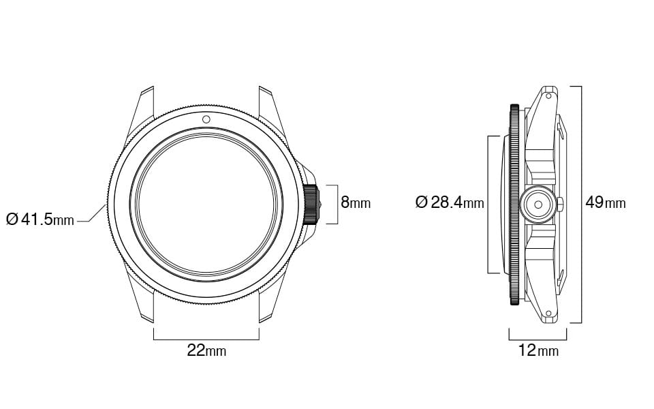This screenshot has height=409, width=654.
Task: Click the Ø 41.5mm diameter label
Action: (x=40, y=220)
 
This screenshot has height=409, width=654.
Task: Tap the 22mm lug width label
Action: (x=206, y=350)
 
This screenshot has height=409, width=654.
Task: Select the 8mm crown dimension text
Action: (x=356, y=202)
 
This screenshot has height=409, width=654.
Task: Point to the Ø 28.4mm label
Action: (x=449, y=202)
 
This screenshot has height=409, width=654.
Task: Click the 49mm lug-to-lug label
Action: (x=605, y=202)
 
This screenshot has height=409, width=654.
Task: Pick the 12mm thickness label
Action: (x=538, y=350)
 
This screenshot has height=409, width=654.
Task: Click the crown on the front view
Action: (x=311, y=204)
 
